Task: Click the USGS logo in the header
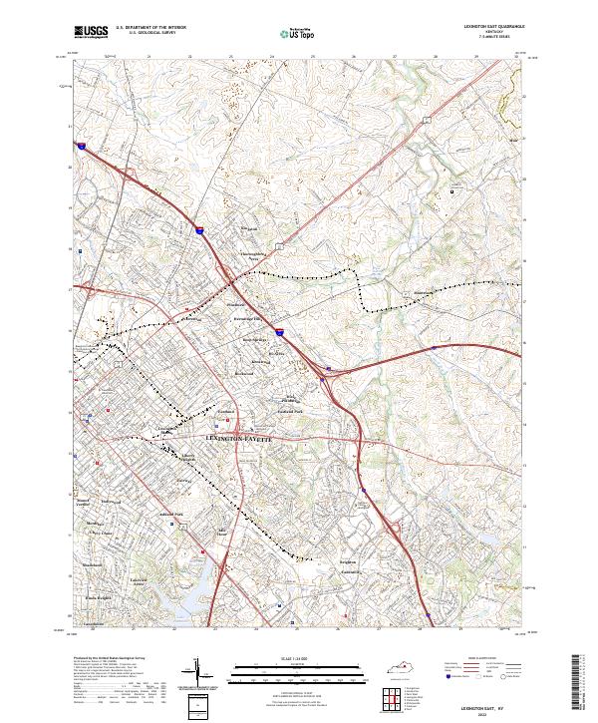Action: (92, 32)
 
